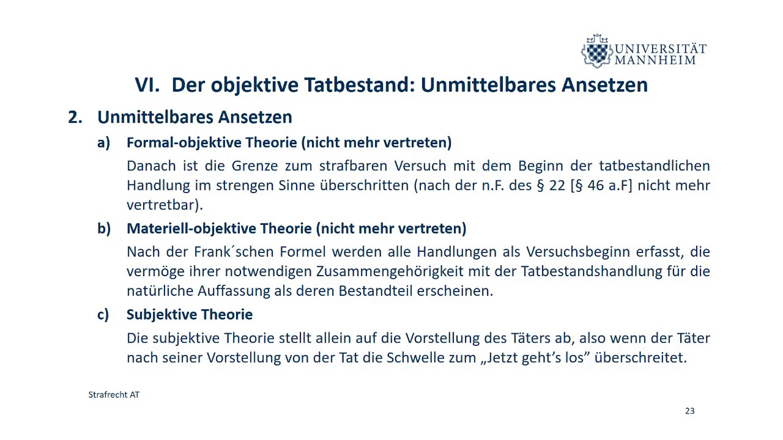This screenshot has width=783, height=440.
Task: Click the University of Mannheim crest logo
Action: [x=596, y=51]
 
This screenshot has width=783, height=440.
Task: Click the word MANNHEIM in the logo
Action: [x=655, y=60]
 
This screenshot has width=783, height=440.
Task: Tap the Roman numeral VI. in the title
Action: [x=147, y=85]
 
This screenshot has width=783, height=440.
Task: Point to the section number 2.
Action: [x=75, y=117]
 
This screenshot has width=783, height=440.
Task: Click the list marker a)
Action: [x=103, y=142]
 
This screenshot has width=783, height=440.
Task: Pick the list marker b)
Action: [x=103, y=229]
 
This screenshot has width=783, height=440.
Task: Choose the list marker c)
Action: [x=103, y=315]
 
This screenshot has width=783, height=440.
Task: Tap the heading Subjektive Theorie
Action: [x=189, y=315]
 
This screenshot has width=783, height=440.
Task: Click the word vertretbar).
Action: [x=165, y=204]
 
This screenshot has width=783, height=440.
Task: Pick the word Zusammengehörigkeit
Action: [x=340, y=271]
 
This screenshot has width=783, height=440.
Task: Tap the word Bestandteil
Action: [x=376, y=290]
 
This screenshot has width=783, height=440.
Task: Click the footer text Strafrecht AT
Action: [x=114, y=395]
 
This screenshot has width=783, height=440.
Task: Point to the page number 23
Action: [x=689, y=411]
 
